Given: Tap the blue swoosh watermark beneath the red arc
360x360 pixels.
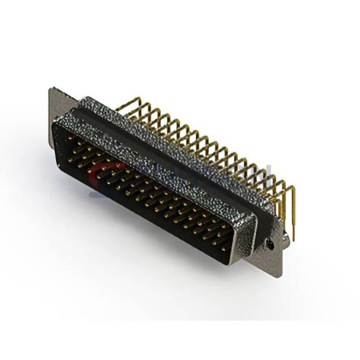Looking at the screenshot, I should coord(99,192).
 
